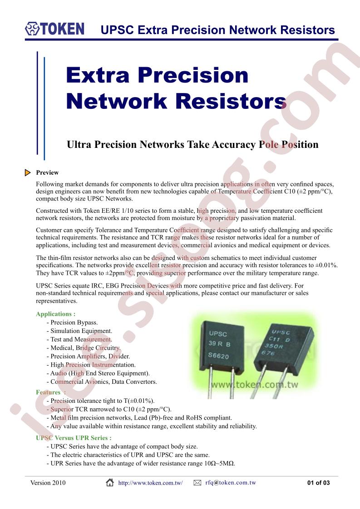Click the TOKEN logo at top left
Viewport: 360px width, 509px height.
[x=54, y=29]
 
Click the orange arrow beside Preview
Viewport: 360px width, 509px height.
[x=28, y=173]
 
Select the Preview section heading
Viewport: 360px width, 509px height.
[x=47, y=173]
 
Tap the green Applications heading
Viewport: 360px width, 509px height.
[x=55, y=314]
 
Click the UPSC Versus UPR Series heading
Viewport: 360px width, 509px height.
[x=74, y=438]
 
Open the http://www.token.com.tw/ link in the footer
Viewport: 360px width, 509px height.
[x=150, y=483]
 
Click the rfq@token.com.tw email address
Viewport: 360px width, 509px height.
[x=231, y=482]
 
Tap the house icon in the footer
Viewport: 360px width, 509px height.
[x=110, y=482]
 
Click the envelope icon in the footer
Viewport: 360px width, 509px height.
[x=197, y=483]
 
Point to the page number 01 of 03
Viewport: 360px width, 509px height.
[x=318, y=483]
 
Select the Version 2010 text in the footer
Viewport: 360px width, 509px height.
[x=48, y=483]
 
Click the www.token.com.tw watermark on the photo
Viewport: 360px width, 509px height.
[x=254, y=385]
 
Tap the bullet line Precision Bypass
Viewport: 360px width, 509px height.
[x=72, y=323]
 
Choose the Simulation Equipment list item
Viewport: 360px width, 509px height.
[x=79, y=331]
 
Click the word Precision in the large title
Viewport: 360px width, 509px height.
[x=193, y=75]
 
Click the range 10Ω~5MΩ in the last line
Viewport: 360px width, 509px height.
[x=217, y=463]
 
